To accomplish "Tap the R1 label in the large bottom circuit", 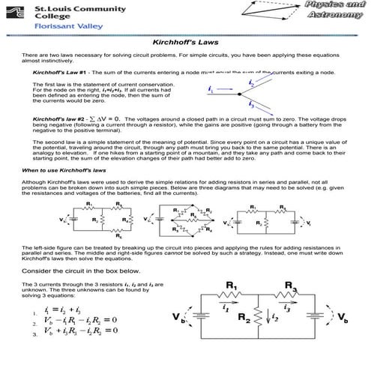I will click(x=231, y=286).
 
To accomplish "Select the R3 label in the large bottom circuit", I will click(x=292, y=286).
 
